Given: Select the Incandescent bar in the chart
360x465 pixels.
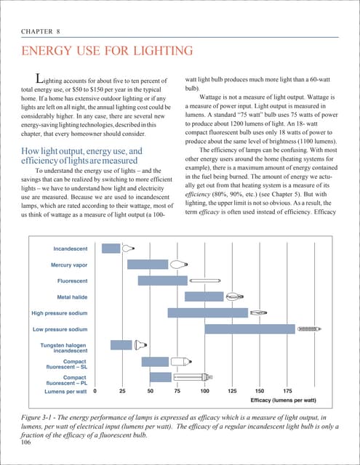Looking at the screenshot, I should tap(111, 248).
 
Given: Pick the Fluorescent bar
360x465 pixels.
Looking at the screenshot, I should tap(162, 280).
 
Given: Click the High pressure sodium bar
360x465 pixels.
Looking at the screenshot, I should tap(207, 313).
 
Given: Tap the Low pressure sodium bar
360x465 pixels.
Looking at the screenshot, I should tap(249, 329).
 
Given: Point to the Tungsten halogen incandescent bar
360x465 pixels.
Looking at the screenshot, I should tap(121, 345).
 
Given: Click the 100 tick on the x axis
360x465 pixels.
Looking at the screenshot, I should tap(205, 391).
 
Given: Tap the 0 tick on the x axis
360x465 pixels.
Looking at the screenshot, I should tap(95, 391).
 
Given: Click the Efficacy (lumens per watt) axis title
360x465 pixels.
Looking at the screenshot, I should tap(284, 400).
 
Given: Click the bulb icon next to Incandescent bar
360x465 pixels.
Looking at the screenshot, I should tap(129, 248).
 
